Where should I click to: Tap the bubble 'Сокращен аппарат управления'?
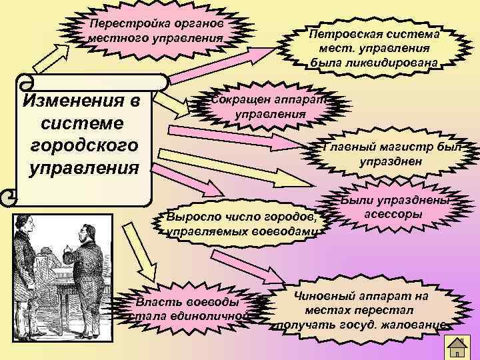tap(269, 107)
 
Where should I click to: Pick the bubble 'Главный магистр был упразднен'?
tap(391, 154)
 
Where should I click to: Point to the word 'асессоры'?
tap(393, 215)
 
